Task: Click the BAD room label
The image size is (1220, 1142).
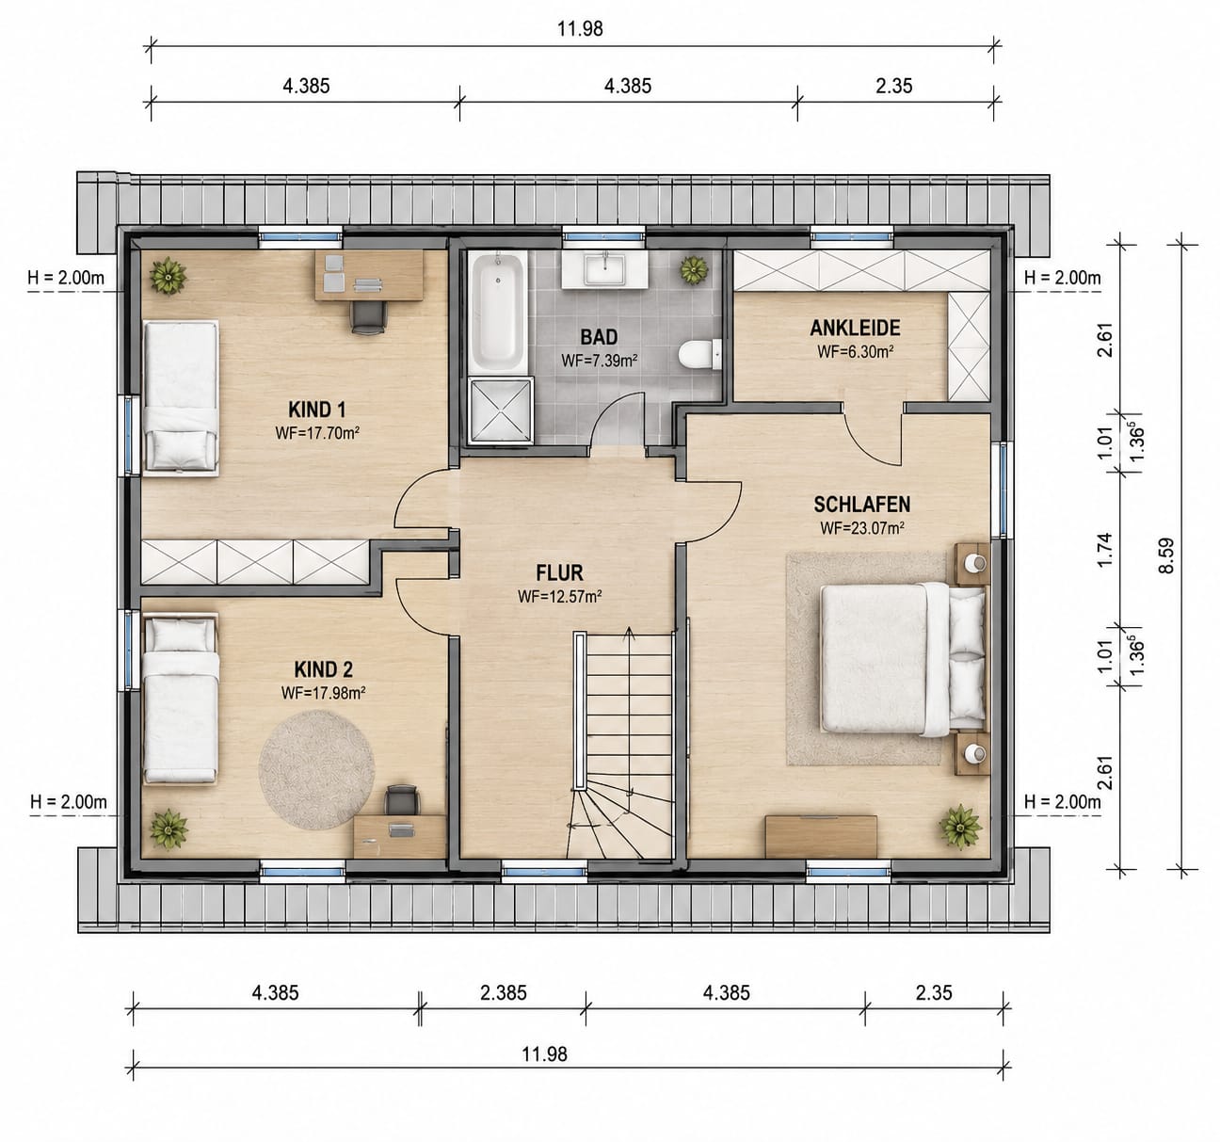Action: tap(599, 337)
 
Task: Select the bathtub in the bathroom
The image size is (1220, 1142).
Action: tap(497, 313)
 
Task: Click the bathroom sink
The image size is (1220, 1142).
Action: tap(604, 270)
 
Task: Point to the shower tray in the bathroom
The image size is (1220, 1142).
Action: tap(501, 410)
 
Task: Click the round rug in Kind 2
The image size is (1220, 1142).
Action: tap(316, 769)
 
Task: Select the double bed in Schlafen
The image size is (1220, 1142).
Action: tap(903, 659)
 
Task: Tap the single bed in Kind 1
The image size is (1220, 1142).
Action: tap(181, 397)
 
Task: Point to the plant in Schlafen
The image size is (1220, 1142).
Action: tap(960, 828)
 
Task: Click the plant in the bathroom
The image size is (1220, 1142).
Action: tap(694, 270)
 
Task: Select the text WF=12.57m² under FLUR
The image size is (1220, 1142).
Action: tap(559, 596)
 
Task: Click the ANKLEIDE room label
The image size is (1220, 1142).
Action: tap(855, 328)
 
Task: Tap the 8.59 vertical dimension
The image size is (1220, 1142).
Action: tap(1165, 555)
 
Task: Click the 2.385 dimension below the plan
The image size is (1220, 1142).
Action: tap(503, 992)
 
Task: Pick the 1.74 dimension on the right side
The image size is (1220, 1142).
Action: tap(1104, 550)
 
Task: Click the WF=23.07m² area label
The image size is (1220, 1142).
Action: tap(862, 527)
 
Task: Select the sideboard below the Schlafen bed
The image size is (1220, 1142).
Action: tap(821, 837)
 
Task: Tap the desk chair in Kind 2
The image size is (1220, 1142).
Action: tap(402, 800)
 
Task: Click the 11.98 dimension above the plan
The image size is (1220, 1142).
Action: tap(580, 29)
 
